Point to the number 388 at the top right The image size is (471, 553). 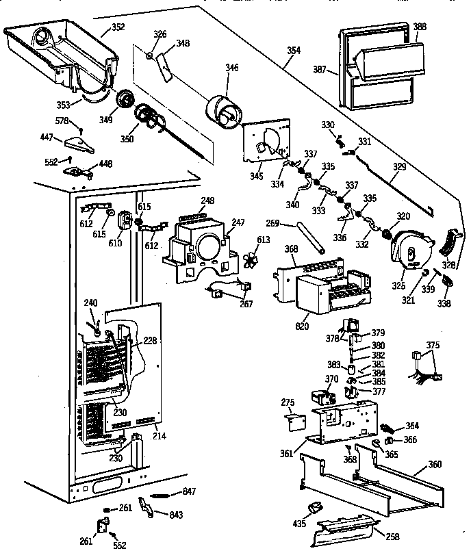420,27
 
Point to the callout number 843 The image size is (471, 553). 175,514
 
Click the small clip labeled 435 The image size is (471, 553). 316,507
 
